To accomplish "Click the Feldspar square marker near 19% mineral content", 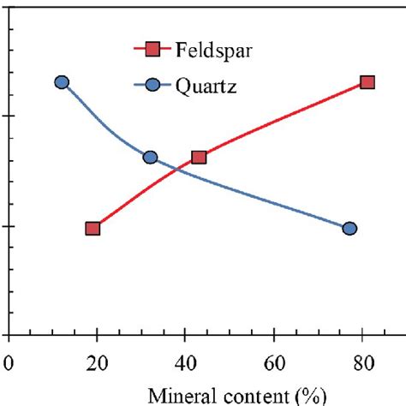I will point(93,228).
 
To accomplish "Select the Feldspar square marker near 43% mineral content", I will point(199,157).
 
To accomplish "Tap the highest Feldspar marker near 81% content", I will point(367,82).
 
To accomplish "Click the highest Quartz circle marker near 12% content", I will point(61,82).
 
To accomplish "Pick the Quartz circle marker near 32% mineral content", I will point(150,157).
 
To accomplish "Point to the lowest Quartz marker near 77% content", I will point(349,228).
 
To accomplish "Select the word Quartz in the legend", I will point(206,87).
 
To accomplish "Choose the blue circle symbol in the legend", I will point(155,86).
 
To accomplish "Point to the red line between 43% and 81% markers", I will point(283,119).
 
